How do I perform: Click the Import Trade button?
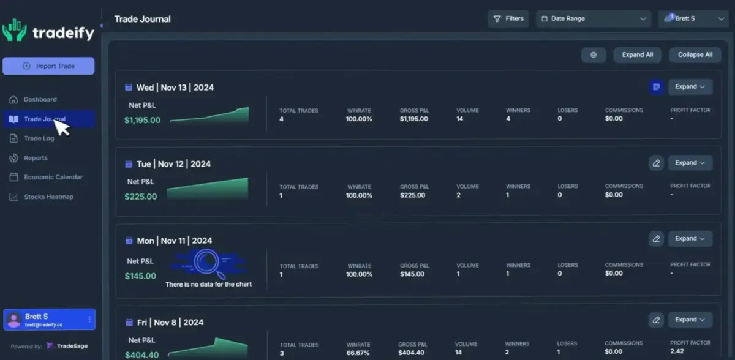(48, 66)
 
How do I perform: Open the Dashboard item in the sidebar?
(40, 99)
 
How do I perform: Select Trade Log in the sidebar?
(39, 138)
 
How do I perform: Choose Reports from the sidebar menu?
(36, 158)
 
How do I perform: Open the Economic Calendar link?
(53, 177)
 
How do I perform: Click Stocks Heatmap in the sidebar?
(48, 197)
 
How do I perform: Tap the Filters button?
(508, 19)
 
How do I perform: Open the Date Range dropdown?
(593, 19)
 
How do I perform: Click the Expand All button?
(637, 54)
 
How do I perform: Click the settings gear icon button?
(594, 54)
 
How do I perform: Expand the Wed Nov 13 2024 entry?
(690, 87)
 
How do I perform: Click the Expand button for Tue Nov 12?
(690, 163)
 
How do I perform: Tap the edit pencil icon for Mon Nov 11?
(656, 239)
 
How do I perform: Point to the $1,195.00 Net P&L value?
(142, 120)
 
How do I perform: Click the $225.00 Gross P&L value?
(412, 195)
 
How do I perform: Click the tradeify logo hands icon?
(14, 30)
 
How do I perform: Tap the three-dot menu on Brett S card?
(90, 319)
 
